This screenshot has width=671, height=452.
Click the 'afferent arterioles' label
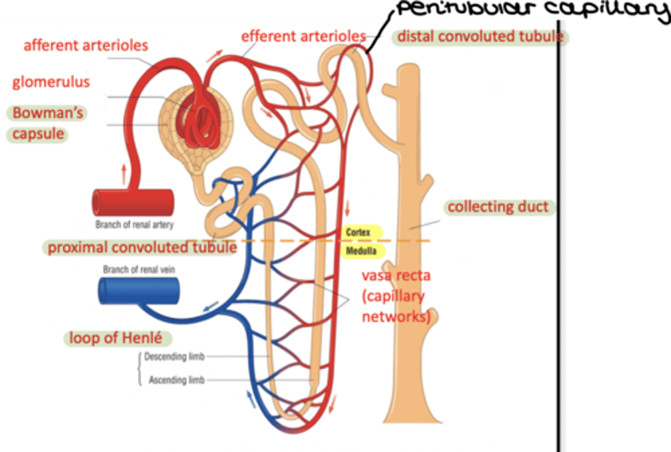[x=86, y=46]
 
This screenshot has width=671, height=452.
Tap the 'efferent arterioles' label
[x=303, y=36]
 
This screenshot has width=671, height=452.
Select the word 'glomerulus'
[x=51, y=82]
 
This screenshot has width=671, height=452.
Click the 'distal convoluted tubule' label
[x=480, y=36]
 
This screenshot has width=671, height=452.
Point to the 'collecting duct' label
[x=498, y=206]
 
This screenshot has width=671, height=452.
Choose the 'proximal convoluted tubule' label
[x=142, y=247]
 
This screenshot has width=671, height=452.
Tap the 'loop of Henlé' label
[x=116, y=338]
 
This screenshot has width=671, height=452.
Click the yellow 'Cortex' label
[x=358, y=232]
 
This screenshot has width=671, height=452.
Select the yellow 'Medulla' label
[x=361, y=251]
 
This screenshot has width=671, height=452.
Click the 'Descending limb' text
[x=174, y=357]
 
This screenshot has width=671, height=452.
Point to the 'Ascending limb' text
[x=177, y=380]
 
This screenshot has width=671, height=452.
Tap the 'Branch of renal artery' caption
[x=134, y=225]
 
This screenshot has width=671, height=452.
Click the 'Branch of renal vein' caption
[x=139, y=269]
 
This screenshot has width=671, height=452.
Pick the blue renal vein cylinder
[x=139, y=291]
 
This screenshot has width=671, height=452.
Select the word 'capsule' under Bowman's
[x=38, y=134]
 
